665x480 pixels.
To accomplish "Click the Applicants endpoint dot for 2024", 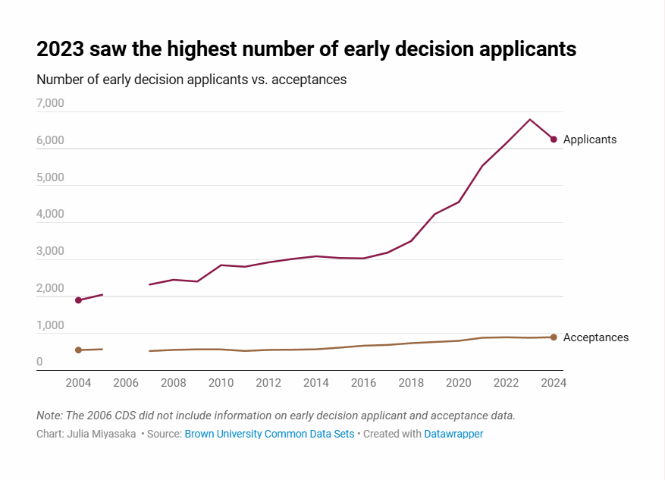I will [554, 140].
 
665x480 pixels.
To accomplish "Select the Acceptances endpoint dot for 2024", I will [554, 337].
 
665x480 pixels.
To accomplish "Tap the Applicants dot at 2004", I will [78, 300].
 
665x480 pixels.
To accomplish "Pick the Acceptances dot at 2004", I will [78, 350].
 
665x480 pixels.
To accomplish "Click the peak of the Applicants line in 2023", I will [530, 119].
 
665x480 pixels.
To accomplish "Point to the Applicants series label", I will [589, 140].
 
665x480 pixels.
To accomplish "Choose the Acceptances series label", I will [595, 337].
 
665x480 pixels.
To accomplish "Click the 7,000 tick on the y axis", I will [50, 103].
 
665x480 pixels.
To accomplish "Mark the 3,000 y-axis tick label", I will [50, 252].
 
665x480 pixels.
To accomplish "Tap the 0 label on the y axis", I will [39, 362].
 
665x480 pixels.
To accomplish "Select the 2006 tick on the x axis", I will [126, 383].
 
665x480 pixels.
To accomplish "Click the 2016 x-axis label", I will [363, 383].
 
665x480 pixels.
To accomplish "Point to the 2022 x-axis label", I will [506, 383].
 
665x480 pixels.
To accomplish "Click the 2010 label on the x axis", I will [221, 383].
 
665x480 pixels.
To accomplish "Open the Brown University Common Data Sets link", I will [269, 434].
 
